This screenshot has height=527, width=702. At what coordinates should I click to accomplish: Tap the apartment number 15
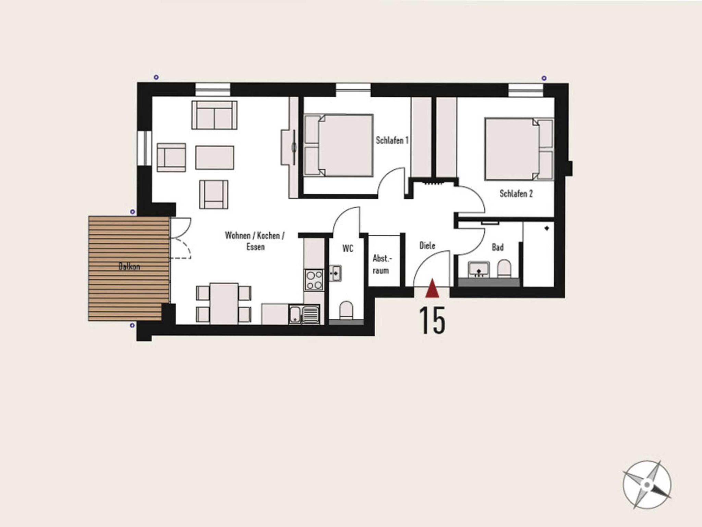432,320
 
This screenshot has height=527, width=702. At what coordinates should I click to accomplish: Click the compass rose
647,485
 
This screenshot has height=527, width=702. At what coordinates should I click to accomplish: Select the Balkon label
129,266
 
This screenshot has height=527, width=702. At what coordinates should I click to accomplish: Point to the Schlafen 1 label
392,140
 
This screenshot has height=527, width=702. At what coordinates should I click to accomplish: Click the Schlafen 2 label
516,194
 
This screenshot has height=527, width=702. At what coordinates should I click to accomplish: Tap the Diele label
427,245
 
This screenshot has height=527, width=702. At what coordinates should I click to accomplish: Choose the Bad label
498,247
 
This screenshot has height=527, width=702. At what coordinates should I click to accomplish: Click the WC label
348,248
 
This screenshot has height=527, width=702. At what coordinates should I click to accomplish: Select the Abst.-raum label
381,264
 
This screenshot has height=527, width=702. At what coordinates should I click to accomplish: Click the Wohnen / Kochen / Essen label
255,241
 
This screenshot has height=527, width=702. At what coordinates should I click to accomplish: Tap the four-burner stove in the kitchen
314,280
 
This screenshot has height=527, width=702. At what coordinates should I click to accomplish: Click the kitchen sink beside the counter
304,314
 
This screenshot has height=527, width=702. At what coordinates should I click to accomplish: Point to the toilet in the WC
346,310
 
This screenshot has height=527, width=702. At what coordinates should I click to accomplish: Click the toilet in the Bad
504,269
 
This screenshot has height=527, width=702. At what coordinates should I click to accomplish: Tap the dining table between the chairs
224,303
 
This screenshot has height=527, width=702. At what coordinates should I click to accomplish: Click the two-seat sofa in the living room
215,115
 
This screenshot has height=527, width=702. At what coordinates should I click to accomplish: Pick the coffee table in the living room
215,158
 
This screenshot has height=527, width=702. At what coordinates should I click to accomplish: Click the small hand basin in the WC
335,273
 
